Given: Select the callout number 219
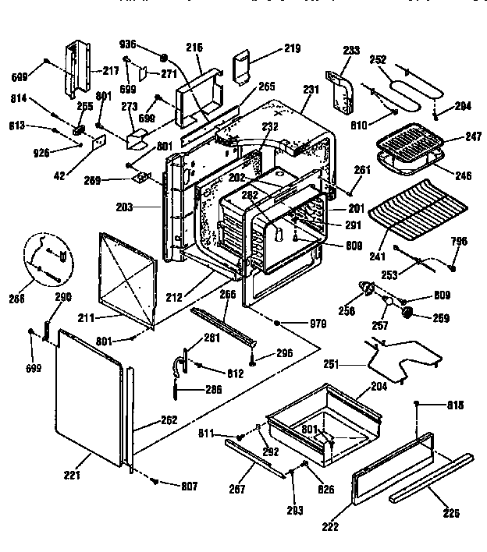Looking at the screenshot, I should pyautogui.click(x=270, y=49).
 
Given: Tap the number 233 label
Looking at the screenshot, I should pyautogui.click(x=351, y=50).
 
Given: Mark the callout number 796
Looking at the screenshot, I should pyautogui.click(x=459, y=241).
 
